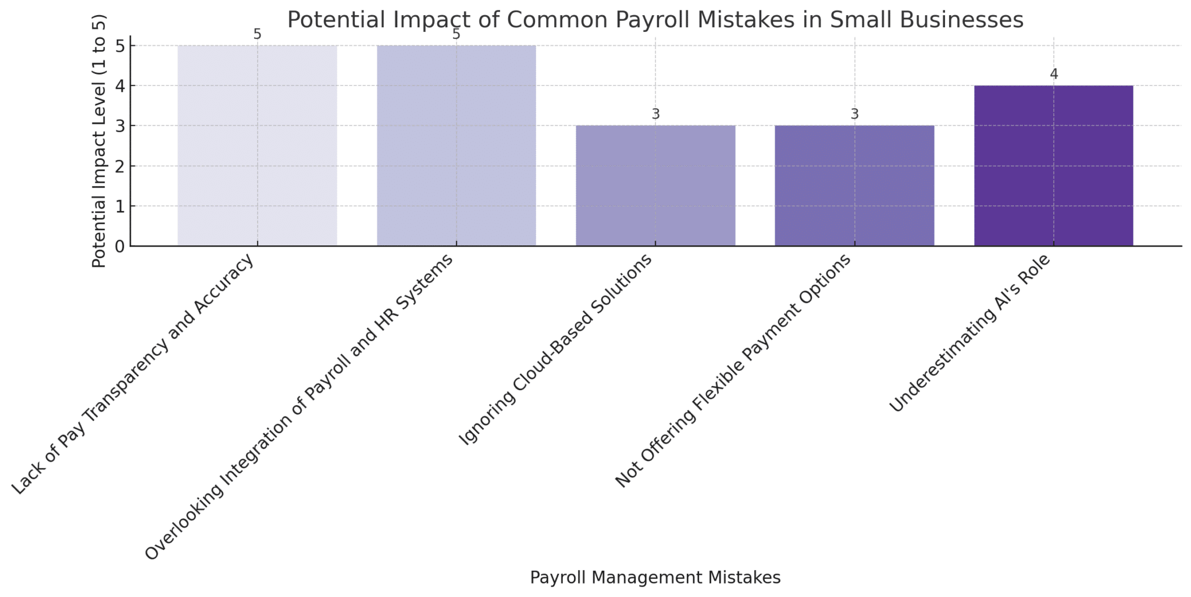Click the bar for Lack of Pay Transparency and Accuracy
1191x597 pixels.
click(257, 145)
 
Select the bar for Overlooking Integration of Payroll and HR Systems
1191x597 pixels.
click(457, 145)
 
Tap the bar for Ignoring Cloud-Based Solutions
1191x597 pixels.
click(655, 186)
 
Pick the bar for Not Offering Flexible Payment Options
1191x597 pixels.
click(854, 186)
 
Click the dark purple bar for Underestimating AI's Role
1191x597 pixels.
click(1053, 166)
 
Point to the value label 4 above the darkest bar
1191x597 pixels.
click(1054, 74)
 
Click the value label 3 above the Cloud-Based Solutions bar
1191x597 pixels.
click(655, 115)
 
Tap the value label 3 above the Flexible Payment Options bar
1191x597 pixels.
click(854, 115)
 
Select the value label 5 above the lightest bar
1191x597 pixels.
click(257, 35)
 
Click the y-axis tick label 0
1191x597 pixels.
click(120, 246)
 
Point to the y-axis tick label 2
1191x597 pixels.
click(120, 166)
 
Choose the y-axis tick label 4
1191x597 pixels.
click(120, 86)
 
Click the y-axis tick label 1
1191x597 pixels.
click(120, 206)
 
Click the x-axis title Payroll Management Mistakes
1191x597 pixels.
click(655, 577)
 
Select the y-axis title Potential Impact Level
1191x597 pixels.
click(99, 151)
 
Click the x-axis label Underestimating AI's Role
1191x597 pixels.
click(970, 334)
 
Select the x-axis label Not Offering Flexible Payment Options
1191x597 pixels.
click(733, 372)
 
